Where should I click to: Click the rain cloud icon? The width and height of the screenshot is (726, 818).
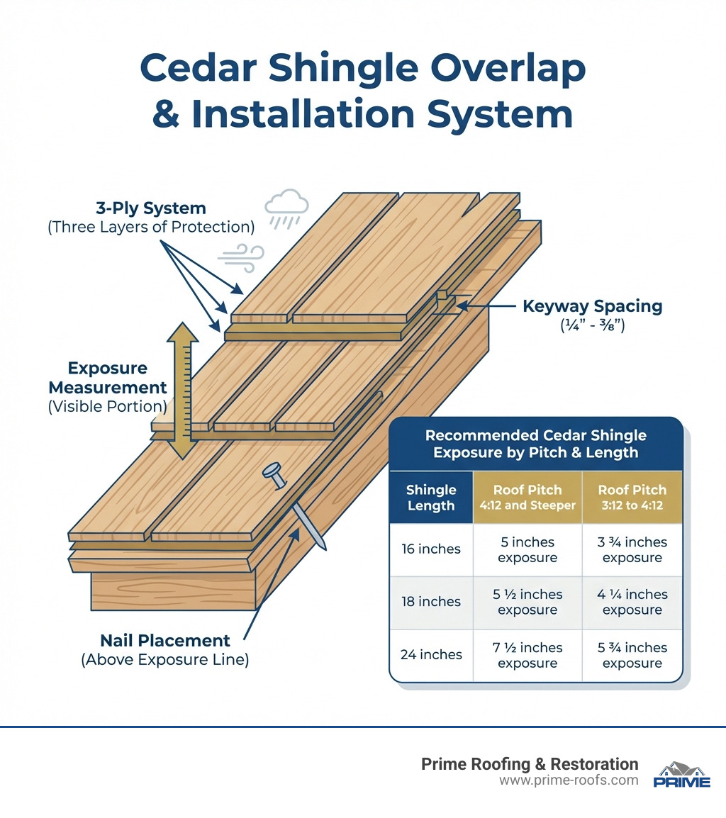[286, 206]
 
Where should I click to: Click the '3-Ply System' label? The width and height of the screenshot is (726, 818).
[151, 208]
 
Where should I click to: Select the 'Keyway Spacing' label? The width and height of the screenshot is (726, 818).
[592, 306]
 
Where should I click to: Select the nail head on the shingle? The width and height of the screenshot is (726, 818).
[272, 471]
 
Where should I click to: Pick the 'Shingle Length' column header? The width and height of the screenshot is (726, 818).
[431, 498]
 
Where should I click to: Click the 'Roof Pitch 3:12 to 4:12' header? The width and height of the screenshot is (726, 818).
[632, 498]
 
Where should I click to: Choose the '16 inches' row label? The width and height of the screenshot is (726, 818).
[431, 549]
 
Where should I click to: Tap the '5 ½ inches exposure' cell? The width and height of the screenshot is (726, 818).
[527, 602]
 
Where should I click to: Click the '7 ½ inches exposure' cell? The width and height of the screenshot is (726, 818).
[527, 655]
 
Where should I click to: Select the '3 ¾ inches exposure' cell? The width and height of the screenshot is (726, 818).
[632, 549]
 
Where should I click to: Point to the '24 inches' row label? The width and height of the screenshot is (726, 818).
[431, 655]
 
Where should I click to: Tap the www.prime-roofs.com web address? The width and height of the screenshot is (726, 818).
[569, 780]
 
